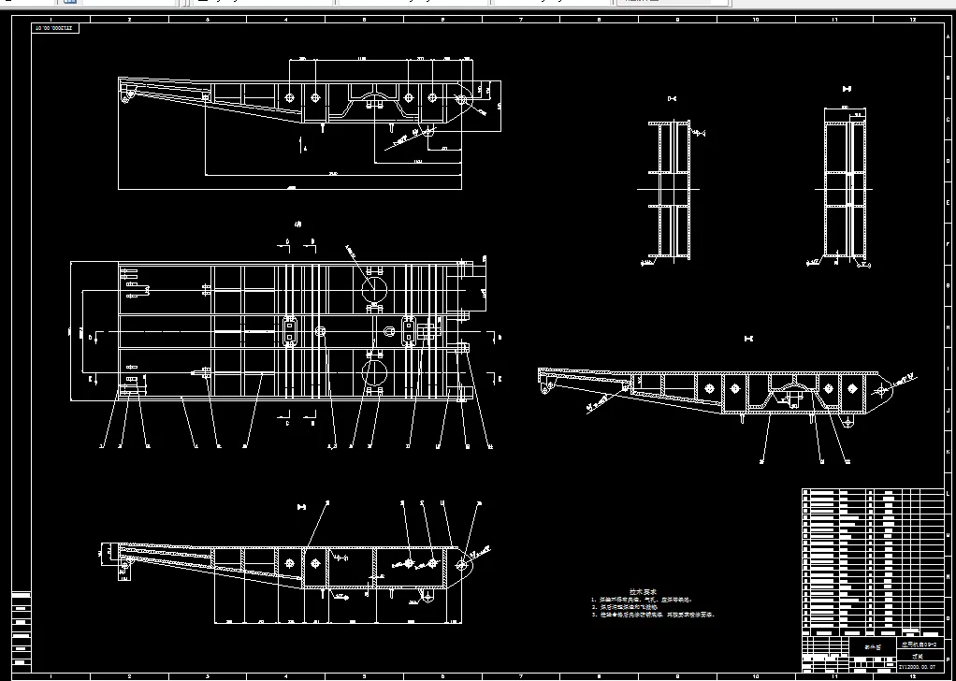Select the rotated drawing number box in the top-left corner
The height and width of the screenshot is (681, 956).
pos(57,29)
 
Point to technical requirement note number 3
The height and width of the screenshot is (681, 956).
pos(654,616)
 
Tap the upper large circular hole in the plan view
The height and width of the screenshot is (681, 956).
pos(374,283)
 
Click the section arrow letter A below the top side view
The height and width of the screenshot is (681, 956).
pos(303,148)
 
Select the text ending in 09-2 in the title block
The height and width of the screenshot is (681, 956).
pos(917,645)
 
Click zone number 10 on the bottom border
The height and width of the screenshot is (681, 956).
pos(756,674)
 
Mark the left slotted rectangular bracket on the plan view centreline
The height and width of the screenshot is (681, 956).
pos(290,331)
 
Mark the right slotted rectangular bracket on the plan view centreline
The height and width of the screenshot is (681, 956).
pos(410,331)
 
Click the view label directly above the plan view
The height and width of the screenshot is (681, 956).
pos(298,225)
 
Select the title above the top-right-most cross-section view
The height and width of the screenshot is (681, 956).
pos(846,89)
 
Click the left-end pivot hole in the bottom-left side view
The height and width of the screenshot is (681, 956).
pos(124,563)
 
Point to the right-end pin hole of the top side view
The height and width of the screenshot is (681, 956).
pos(461,97)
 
